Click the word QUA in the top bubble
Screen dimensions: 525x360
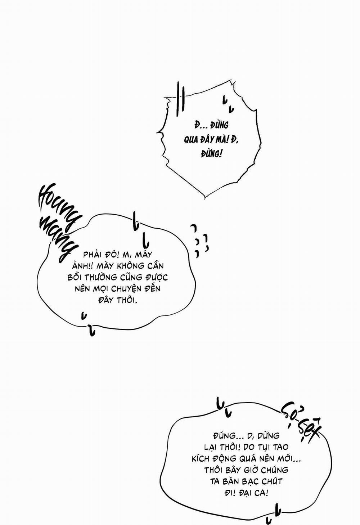191,140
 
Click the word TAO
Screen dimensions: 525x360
280,447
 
